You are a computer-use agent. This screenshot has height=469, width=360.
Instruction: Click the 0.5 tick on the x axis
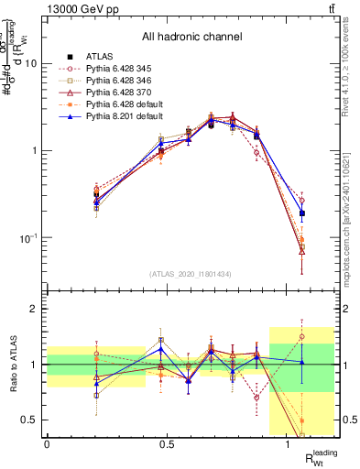pyautogui.click(x=167, y=444)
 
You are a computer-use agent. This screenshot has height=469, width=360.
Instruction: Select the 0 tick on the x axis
pyautogui.click(x=47, y=444)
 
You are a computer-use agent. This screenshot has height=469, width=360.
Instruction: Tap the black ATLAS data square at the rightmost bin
pyautogui.click(x=301, y=213)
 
